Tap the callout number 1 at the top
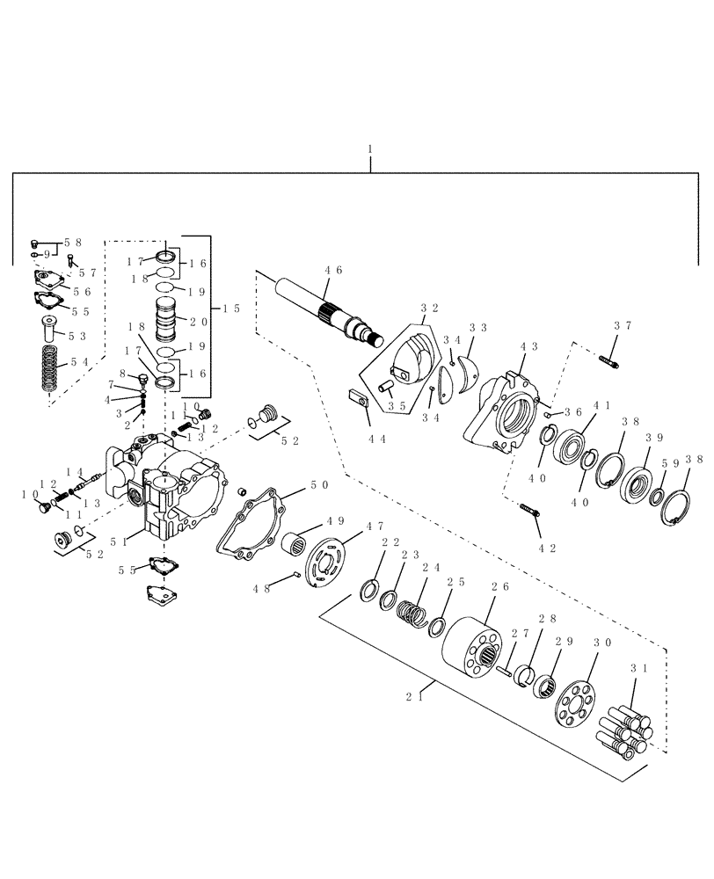coord(370,150)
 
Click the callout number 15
coord(230,308)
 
